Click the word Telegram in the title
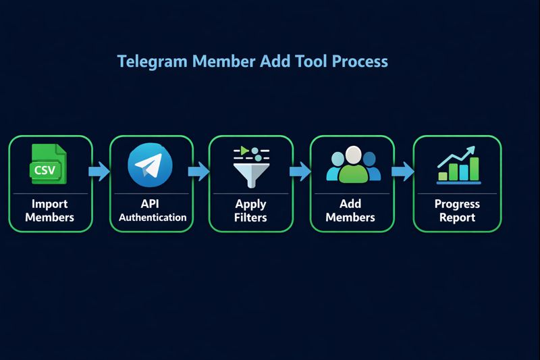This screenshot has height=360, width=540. (153, 61)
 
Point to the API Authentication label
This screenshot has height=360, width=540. (152, 210)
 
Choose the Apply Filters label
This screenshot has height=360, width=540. (250, 210)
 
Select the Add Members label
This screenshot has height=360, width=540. (350, 210)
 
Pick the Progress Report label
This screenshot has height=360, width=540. (457, 210)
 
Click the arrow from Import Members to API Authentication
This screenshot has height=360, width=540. (100, 172)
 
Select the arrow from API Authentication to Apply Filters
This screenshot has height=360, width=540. (199, 172)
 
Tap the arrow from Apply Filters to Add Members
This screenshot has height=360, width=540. (300, 172)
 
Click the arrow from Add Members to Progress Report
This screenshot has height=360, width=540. (402, 172)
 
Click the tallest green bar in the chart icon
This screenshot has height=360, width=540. (474, 169)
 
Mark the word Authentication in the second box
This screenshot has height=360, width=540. (152, 217)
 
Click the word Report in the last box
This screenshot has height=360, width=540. (457, 217)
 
